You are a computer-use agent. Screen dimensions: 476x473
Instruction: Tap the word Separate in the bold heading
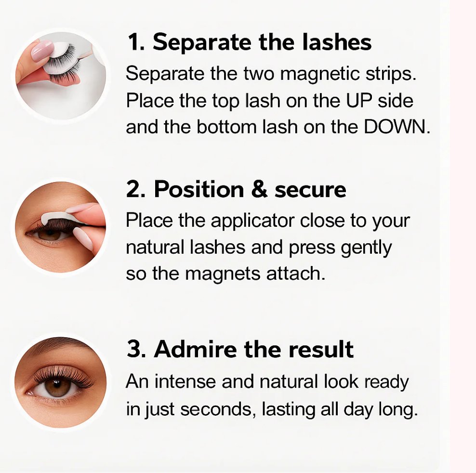point(202,42)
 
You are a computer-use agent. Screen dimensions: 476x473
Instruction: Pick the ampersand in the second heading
point(259,189)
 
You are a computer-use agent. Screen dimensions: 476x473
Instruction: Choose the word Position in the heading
point(199,189)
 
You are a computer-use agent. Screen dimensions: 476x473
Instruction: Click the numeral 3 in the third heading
point(133,349)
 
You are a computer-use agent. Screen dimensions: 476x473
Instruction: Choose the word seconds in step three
point(216,409)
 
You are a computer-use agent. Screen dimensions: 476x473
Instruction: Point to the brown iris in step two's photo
point(49,234)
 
